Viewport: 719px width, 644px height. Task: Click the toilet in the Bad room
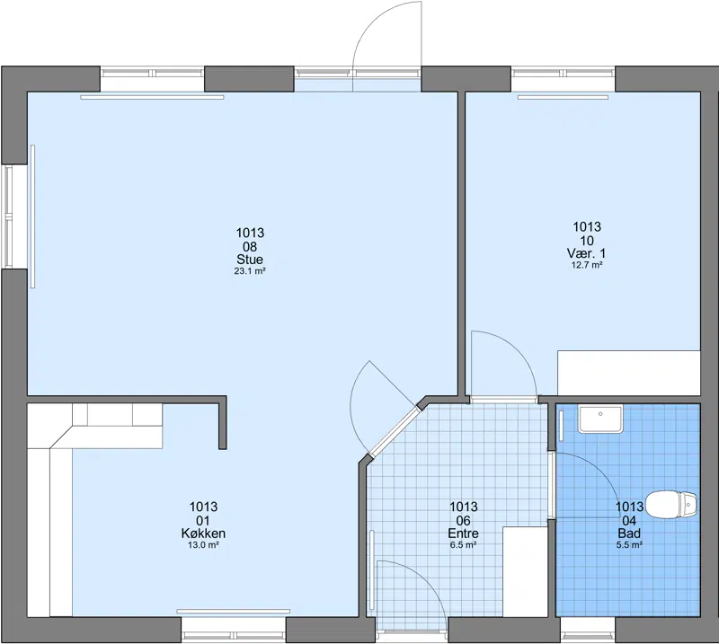click(671, 505)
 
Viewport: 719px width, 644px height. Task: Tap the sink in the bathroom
click(600, 419)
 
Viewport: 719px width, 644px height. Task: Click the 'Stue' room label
click(250, 260)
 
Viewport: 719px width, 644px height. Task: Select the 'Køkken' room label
click(203, 534)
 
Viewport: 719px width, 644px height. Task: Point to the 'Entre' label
click(463, 534)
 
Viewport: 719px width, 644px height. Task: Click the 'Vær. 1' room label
click(587, 253)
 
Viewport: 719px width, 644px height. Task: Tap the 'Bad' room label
click(629, 534)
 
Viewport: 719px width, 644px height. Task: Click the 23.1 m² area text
click(250, 271)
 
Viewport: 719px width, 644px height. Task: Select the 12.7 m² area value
click(587, 265)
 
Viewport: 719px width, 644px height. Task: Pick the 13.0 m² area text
click(203, 545)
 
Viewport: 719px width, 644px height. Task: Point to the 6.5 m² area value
click(463, 545)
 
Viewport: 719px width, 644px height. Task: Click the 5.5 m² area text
click(629, 545)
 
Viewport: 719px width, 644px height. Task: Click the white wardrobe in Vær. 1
click(628, 373)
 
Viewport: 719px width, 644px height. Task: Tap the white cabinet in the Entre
click(525, 571)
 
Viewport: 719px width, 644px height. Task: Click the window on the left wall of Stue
click(8, 216)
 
